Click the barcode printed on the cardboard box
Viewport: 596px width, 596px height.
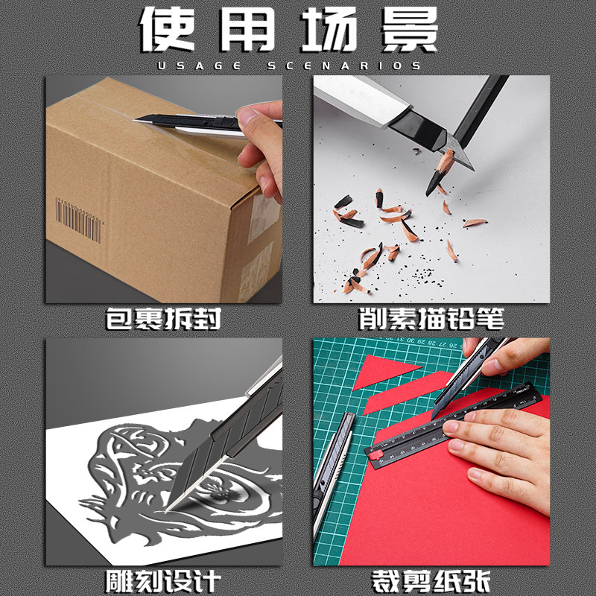pos(79,220)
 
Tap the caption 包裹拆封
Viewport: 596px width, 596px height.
pos(163,319)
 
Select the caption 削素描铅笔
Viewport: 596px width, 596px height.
pos(431,319)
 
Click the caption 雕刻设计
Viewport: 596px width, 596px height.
pos(163,582)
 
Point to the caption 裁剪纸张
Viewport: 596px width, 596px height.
pos(431,582)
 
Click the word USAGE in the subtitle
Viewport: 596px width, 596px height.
pos(200,66)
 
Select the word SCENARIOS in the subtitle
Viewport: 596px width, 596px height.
pos(344,66)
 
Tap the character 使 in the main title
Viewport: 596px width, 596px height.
pos(168,29)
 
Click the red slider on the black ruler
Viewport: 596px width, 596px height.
pos(376,454)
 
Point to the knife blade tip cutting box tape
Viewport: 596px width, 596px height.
pos(134,121)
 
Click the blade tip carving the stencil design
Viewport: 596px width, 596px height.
pos(165,510)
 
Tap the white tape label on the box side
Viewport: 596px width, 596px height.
pos(262,218)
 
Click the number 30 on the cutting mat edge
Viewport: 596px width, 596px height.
pos(410,340)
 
